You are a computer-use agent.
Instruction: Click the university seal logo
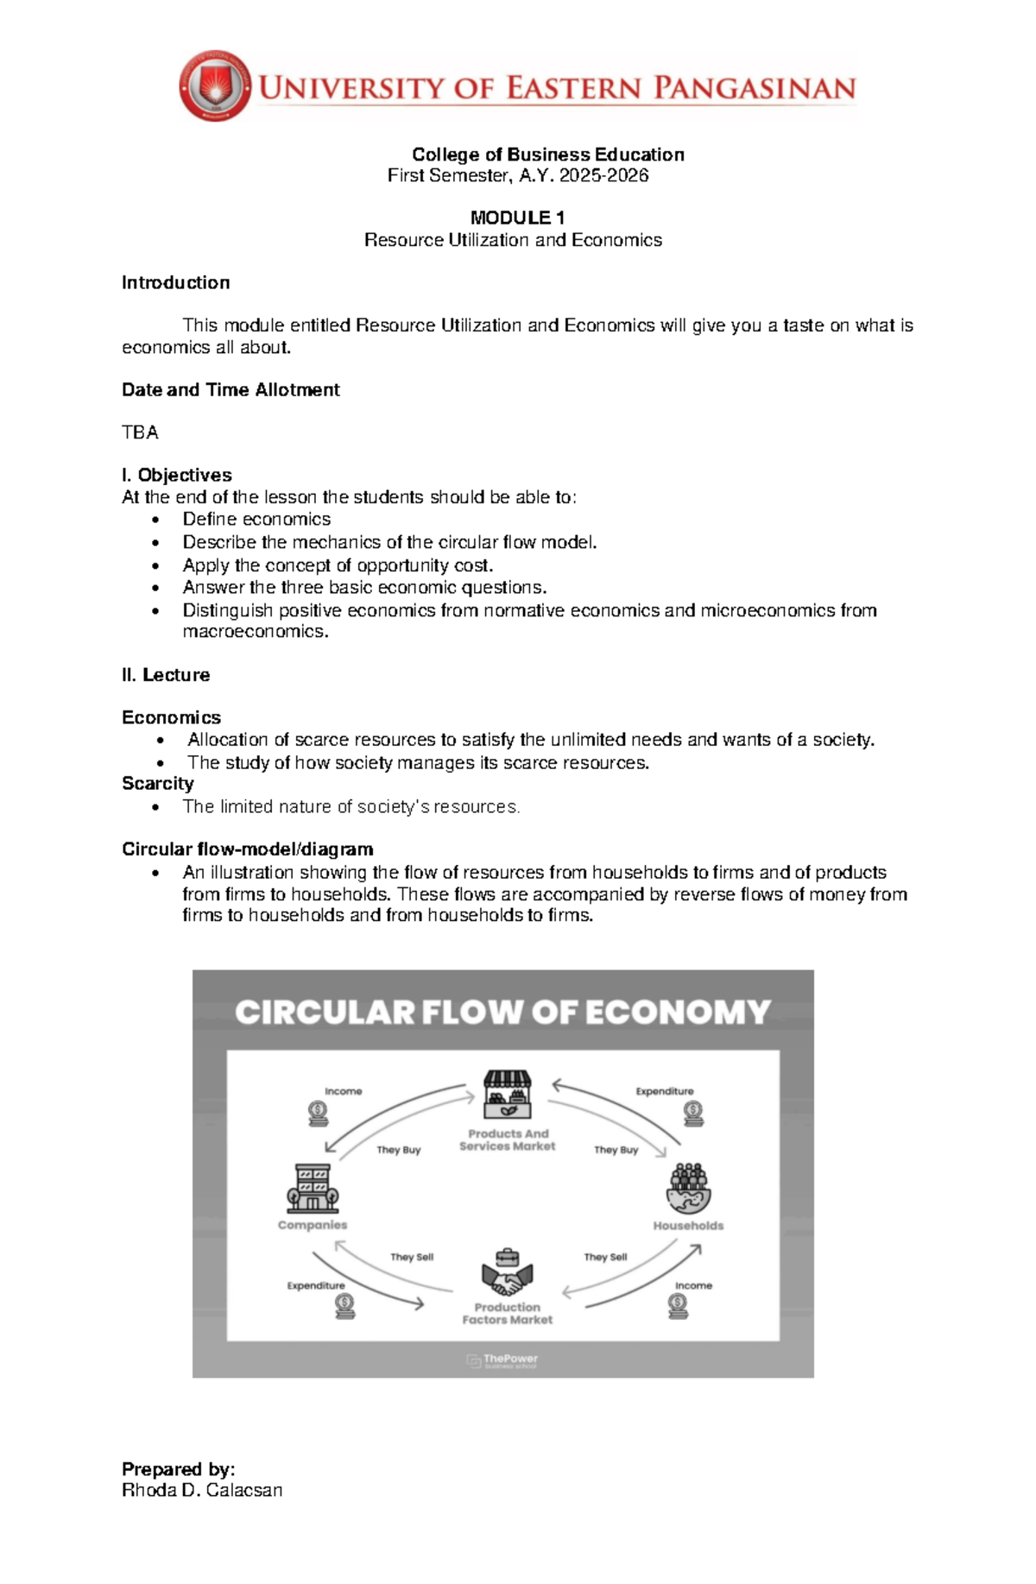coord(215,85)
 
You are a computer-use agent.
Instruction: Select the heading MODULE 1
coord(517,218)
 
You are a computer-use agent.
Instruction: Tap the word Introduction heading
coord(175,282)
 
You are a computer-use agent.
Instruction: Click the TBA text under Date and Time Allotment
coord(140,432)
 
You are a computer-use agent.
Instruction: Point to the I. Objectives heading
coord(177,475)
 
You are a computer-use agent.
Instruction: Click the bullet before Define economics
coord(155,520)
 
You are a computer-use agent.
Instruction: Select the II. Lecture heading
coord(166,675)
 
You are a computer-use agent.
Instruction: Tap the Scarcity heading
coord(158,784)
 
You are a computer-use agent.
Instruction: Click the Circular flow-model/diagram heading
coord(248,849)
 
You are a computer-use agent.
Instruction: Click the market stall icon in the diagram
coord(508,1094)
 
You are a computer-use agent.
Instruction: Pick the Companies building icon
coord(313,1189)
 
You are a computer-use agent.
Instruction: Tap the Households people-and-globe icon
coord(689,1189)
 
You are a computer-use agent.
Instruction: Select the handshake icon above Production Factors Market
coord(508,1272)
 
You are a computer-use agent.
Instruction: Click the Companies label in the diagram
coord(313,1225)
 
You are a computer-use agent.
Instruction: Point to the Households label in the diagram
coord(688,1226)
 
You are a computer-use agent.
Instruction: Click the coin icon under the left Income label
coord(318,1114)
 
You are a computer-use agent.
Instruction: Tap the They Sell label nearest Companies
coord(412,1257)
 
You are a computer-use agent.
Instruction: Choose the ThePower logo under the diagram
coord(502,1360)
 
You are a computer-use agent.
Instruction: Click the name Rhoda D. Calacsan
coord(202,1490)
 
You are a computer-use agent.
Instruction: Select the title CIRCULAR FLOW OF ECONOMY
coord(502,1012)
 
